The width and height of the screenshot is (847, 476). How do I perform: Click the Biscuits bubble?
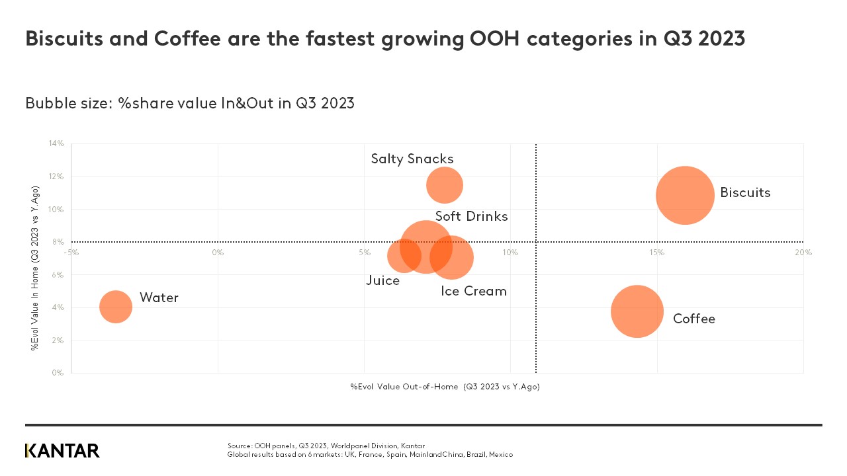tap(685, 195)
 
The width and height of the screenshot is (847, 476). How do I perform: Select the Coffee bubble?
tap(637, 311)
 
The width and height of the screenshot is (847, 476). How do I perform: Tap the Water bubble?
tap(116, 307)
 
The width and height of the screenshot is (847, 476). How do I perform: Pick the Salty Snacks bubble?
tap(444, 186)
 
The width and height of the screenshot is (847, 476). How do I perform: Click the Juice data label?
tap(382, 281)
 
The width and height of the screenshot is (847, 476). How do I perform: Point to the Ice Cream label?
tap(473, 292)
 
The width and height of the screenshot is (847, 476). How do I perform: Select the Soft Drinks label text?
tap(471, 217)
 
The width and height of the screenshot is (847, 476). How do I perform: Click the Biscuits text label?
tap(745, 193)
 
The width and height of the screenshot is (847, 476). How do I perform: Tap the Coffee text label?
tap(693, 319)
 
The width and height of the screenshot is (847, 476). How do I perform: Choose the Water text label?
tap(159, 298)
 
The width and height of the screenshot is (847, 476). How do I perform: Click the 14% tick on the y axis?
tap(56, 143)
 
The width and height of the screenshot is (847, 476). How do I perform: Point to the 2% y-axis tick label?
tap(58, 340)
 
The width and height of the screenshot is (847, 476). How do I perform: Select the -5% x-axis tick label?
tap(71, 253)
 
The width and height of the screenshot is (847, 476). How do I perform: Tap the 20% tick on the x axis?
tap(803, 253)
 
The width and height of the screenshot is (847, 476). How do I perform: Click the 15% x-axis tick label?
tap(656, 253)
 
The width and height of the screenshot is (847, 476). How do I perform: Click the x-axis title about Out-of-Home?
tap(445, 387)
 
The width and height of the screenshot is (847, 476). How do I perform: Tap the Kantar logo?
tap(62, 451)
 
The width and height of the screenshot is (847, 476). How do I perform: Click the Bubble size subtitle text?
tap(190, 104)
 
